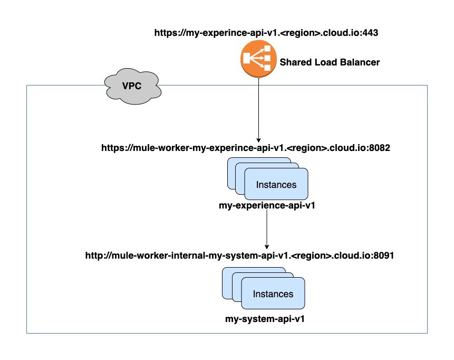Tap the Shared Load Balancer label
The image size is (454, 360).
point(329,62)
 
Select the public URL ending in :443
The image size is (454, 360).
point(266,32)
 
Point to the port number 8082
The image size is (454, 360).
point(379,148)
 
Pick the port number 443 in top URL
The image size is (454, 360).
point(371,32)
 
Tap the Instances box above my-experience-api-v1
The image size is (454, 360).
point(276,184)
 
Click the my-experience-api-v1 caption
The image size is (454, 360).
point(267,205)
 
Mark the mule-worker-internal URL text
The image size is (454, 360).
point(240,255)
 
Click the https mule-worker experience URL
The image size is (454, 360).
point(245,148)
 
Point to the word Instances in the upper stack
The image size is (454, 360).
point(276,185)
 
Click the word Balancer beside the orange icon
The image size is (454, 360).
point(361,62)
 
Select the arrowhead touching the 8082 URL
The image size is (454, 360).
point(258,138)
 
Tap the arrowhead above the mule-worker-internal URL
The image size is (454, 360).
point(267,246)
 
